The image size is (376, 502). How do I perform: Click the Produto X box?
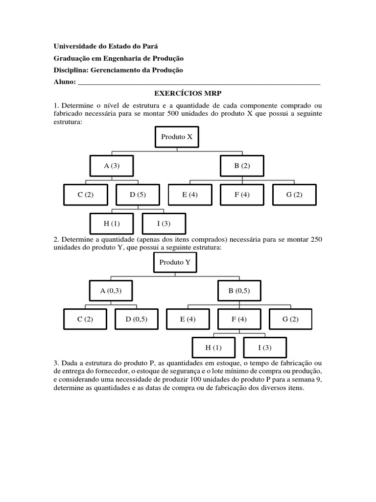(177, 137)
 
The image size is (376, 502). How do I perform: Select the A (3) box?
(112, 166)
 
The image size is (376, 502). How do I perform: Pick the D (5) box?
(138, 195)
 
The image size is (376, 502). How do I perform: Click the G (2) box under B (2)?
(294, 195)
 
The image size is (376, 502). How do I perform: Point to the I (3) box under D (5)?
(164, 224)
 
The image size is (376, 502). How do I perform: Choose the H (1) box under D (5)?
(112, 224)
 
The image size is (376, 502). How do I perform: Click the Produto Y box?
(175, 262)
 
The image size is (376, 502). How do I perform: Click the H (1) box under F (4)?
(213, 348)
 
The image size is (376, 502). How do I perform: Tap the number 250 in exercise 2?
(315, 239)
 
